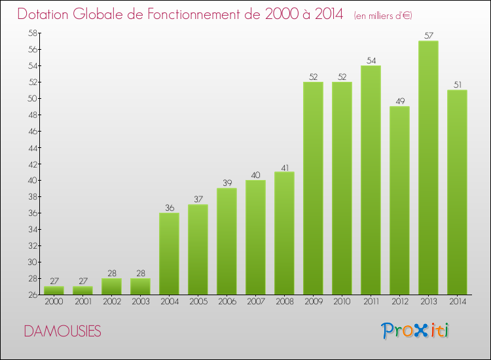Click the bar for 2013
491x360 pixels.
[428, 168]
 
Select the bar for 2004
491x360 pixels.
[169, 253]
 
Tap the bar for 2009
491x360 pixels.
[313, 188]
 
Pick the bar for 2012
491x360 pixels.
[399, 200]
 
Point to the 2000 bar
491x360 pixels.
[54, 290]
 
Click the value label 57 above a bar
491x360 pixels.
[428, 35]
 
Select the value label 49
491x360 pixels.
[399, 101]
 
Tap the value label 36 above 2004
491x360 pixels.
[169, 207]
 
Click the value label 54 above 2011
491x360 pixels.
[371, 60]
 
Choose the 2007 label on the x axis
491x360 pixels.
[255, 302]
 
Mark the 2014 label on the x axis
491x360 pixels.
[457, 302]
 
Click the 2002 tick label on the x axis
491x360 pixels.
[111, 302]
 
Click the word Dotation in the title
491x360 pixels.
[47, 14]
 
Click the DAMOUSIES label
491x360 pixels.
[62, 331]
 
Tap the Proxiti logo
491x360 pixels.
[414, 331]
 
